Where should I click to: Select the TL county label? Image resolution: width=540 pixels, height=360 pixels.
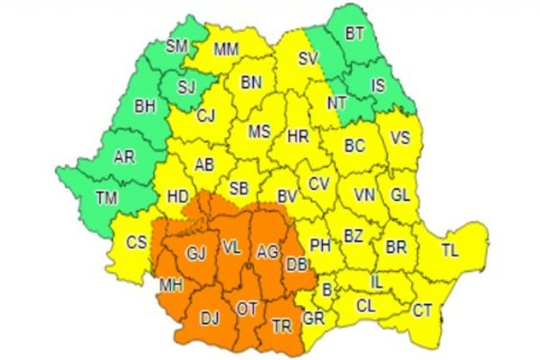450,251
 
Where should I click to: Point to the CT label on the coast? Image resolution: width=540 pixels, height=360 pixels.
422,310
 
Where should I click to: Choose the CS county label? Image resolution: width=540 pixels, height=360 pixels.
136,241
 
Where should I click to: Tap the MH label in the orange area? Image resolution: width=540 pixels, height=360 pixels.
170,285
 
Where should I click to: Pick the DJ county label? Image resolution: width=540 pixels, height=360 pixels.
209,317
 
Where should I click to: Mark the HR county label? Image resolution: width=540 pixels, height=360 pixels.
297,138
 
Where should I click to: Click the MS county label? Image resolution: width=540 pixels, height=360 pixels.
259,131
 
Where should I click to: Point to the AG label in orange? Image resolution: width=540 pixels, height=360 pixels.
268,251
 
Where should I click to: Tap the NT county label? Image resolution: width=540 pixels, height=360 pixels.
337,103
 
